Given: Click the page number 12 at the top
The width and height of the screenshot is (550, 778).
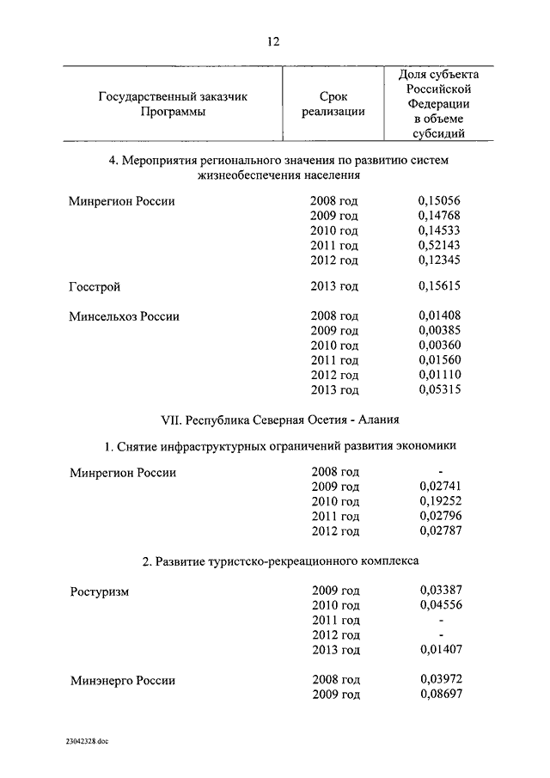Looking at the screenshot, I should [273, 41].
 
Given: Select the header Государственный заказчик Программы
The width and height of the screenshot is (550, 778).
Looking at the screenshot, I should [174, 104].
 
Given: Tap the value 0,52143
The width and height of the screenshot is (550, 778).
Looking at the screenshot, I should [439, 246].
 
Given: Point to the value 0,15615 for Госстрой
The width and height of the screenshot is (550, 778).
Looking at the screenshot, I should [439, 286].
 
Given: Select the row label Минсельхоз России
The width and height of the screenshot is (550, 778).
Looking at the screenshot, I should [124, 316].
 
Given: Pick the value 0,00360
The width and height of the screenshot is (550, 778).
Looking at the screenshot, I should [439, 346].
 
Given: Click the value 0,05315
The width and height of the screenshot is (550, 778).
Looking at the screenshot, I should [439, 390].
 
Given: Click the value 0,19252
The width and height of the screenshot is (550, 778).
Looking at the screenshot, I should [439, 501].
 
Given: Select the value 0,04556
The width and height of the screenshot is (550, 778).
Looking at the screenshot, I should [439, 605].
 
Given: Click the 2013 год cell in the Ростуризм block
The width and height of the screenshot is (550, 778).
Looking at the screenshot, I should [334, 650].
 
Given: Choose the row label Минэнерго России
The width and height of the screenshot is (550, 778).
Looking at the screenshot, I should [122, 680].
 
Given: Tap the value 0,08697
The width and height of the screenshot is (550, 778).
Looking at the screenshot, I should [439, 695].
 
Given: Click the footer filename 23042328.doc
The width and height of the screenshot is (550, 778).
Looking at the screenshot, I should [86, 740].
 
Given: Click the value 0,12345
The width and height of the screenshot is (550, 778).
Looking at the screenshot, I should [439, 260].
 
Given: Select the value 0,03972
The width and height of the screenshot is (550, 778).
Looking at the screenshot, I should [439, 680].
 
